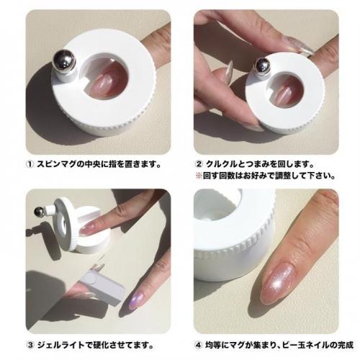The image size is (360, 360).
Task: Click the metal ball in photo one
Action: [x=64, y=59]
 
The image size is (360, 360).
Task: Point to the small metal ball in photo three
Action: [x=39, y=212]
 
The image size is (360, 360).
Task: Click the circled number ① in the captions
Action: [x=30, y=165]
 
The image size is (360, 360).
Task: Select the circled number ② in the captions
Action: [x=199, y=165]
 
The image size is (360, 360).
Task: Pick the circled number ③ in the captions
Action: [x=30, y=346]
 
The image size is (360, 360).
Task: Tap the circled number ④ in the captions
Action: [x=198, y=346]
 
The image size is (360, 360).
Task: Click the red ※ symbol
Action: [x=199, y=176]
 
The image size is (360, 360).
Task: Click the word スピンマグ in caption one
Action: [x=57, y=165]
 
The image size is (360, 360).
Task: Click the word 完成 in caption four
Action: [x=346, y=346]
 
